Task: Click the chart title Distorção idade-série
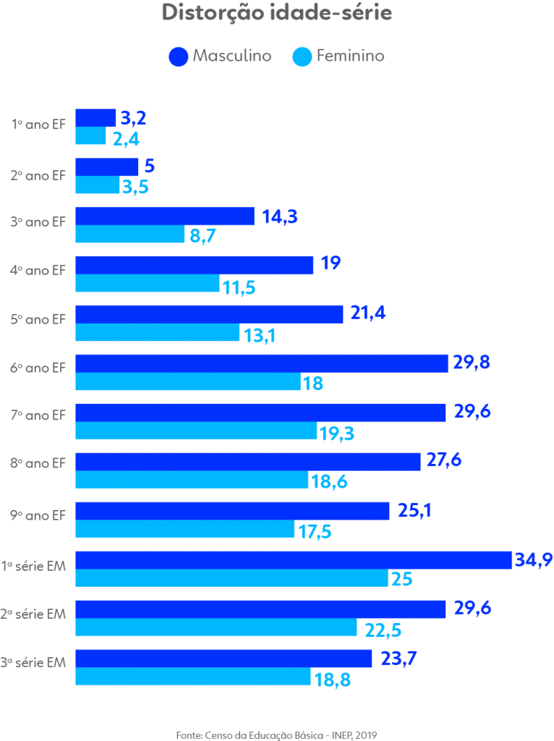pyautogui.click(x=276, y=14)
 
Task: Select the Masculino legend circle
pyautogui.click(x=178, y=56)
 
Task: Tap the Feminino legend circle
pyautogui.click(x=302, y=56)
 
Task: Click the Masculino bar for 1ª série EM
pyautogui.click(x=294, y=560)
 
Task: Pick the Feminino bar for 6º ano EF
pyautogui.click(x=188, y=382)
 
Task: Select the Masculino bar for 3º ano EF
pyautogui.click(x=165, y=216)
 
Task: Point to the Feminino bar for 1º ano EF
pyautogui.click(x=91, y=136)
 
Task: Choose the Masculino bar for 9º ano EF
pyautogui.click(x=232, y=511)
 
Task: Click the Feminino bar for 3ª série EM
pyautogui.click(x=193, y=677)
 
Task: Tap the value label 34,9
pyautogui.click(x=534, y=559)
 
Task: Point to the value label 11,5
pyautogui.click(x=239, y=288)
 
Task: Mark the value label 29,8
pyautogui.click(x=472, y=363)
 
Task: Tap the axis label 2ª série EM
pyautogui.click(x=34, y=614)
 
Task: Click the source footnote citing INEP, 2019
pyautogui.click(x=277, y=734)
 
